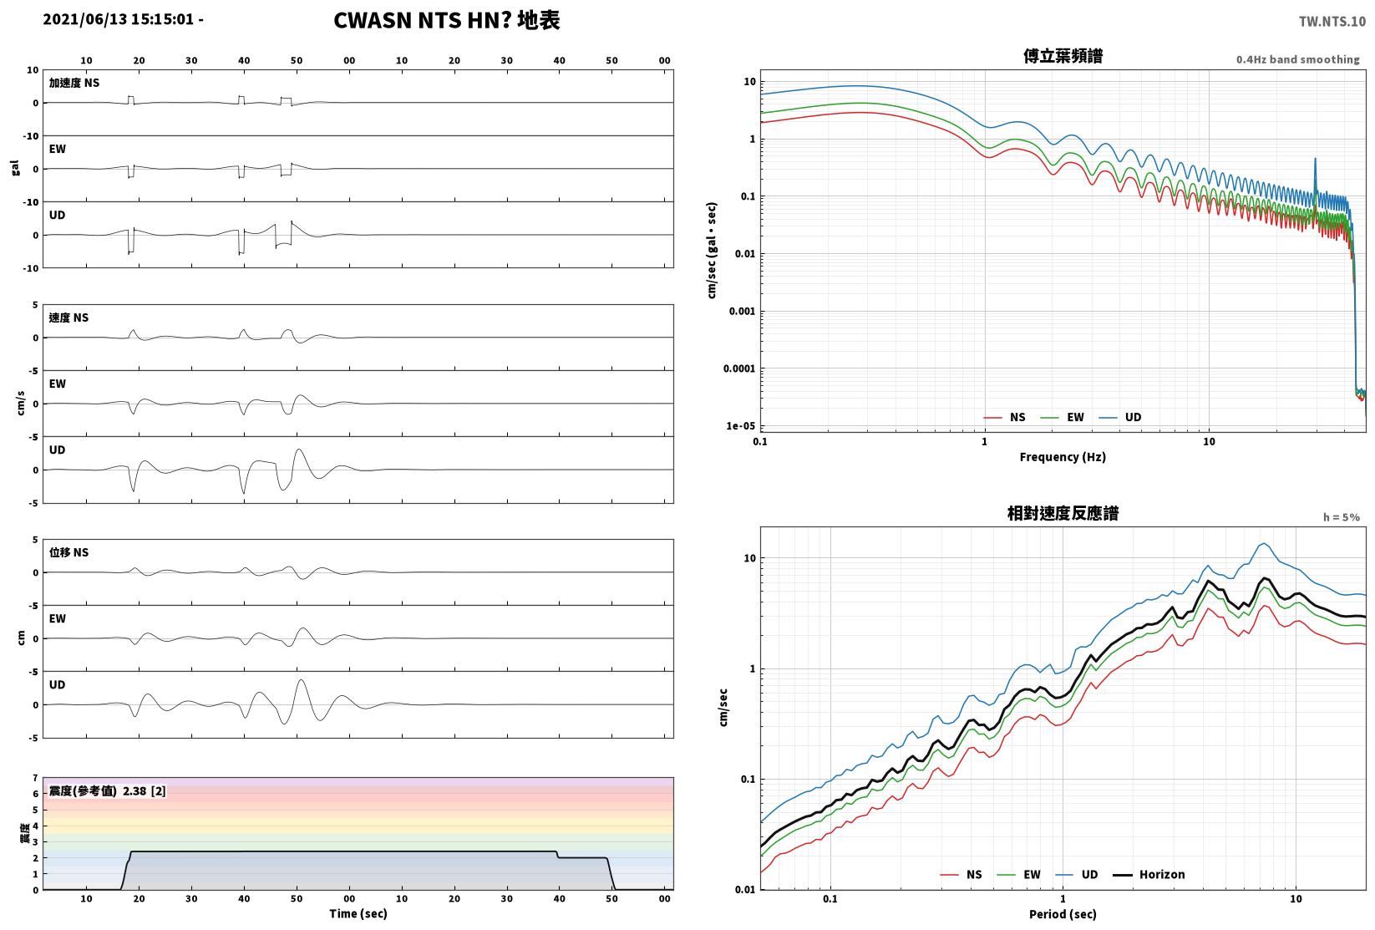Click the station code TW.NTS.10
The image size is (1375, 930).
pos(1332,22)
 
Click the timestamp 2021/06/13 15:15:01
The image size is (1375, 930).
pos(119,19)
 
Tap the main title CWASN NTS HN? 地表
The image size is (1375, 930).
pos(446,20)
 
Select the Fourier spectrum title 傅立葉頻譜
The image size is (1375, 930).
pos(1063,56)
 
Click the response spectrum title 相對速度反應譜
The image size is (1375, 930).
pos(1063,513)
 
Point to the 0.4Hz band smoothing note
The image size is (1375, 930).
pos(1297,59)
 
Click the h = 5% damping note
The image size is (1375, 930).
pos(1342,517)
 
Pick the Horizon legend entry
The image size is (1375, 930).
pos(1149,874)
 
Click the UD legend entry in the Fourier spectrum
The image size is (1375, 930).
pos(1120,417)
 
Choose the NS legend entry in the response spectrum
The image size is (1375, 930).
pos(961,874)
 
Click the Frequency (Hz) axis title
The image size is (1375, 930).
pos(1063,457)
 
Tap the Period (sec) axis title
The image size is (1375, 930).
pos(1063,914)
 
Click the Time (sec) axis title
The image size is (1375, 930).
pos(358,913)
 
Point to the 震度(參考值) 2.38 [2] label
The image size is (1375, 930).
pos(108,790)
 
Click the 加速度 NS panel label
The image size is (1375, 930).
pos(74,83)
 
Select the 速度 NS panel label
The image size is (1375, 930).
pos(68,318)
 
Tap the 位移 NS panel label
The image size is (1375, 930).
pos(68,552)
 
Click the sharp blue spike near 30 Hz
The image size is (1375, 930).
pos(1315,159)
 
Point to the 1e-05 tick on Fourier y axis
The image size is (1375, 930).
pos(740,425)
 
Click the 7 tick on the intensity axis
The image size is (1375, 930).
pos(36,778)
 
